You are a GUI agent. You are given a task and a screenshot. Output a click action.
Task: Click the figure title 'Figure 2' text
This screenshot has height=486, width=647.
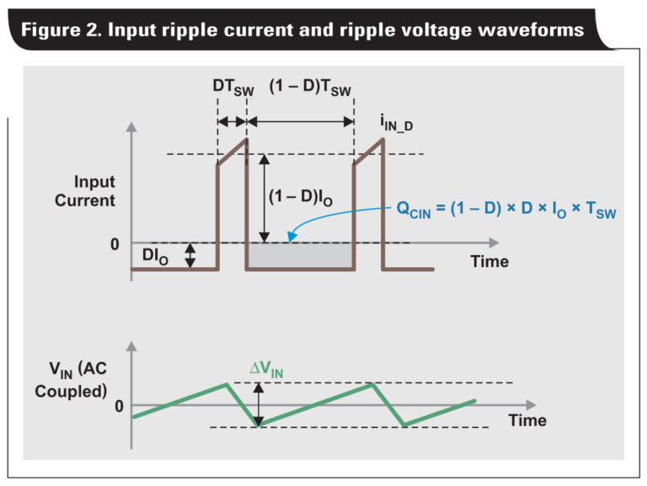[302, 29]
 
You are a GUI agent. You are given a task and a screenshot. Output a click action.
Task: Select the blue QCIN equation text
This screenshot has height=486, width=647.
[506, 210]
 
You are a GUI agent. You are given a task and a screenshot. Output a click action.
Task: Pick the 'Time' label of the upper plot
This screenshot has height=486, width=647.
[489, 261]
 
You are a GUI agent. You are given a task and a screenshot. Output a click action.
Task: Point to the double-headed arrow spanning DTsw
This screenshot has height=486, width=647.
[232, 121]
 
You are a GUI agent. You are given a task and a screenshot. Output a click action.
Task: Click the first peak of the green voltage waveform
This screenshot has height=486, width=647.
[227, 384]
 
